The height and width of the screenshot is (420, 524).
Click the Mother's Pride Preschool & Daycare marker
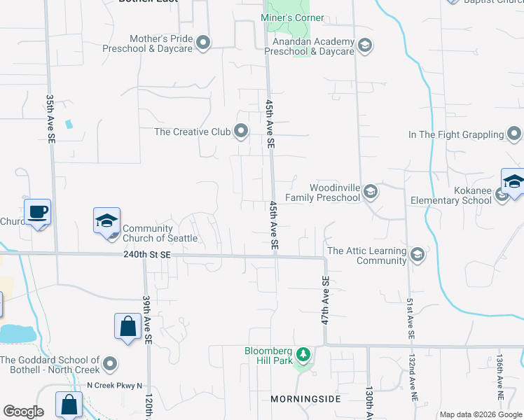tap(203, 43)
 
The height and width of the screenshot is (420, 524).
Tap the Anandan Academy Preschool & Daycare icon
tap(364, 46)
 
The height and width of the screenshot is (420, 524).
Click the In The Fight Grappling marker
tap(515, 134)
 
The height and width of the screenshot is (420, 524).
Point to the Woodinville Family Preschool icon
tap(371, 192)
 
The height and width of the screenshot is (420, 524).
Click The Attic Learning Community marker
tap(418, 254)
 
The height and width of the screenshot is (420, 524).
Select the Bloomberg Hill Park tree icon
tap(303, 355)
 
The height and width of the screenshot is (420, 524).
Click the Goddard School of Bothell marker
tap(109, 363)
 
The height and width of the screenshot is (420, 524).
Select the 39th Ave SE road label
tap(148, 318)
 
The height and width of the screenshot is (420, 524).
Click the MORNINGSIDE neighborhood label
tap(305, 398)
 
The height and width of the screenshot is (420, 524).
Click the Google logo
tap(23, 412)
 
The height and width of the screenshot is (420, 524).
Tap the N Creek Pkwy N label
tap(114, 385)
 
